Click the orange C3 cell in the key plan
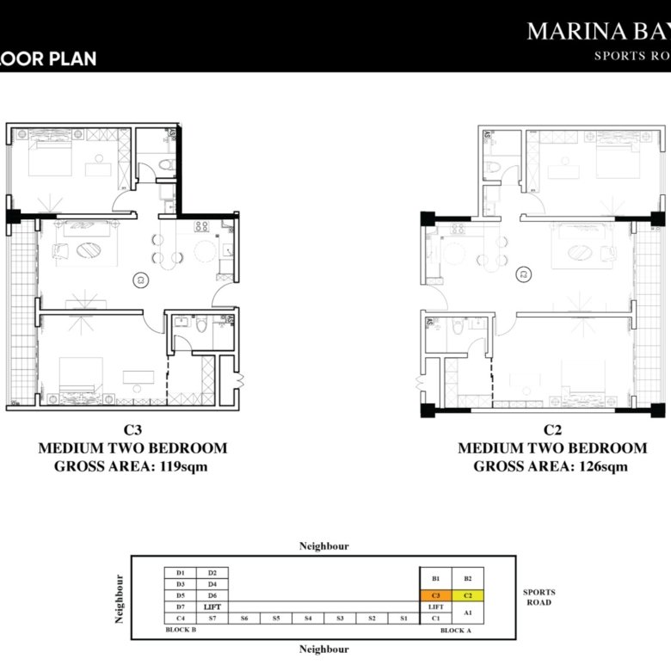click(x=435, y=594)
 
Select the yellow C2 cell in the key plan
click(x=468, y=594)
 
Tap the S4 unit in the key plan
click(x=306, y=618)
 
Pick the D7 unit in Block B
click(x=181, y=606)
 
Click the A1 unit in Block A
click(x=468, y=612)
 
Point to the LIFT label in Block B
click(x=212, y=606)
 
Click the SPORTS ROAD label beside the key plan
click(x=539, y=597)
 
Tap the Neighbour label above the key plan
click(x=323, y=546)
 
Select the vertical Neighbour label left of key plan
click(x=120, y=599)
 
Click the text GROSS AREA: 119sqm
click(x=132, y=466)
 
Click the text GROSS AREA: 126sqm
click(x=551, y=466)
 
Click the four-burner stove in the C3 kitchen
click(x=202, y=227)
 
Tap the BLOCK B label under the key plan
click(x=181, y=630)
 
